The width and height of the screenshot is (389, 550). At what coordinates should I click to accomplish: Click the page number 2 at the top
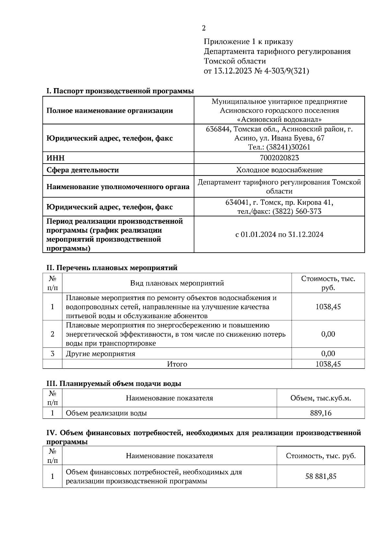(204, 28)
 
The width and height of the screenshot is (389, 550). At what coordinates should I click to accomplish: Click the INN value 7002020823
(279, 158)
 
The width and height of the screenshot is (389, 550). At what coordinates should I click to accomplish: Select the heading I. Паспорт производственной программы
(120, 91)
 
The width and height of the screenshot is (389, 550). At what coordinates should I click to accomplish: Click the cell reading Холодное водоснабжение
(279, 170)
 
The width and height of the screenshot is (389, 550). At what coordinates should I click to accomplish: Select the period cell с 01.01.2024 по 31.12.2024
(279, 235)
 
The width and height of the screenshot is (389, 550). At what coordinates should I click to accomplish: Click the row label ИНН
(55, 158)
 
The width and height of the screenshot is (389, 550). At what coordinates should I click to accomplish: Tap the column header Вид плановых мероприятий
(177, 283)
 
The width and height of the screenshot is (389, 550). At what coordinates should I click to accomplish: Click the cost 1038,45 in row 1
(328, 307)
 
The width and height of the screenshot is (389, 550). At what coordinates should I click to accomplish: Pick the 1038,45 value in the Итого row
(328, 364)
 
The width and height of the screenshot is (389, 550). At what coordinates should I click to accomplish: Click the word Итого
(177, 364)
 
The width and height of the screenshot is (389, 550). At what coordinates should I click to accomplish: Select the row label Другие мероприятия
(100, 354)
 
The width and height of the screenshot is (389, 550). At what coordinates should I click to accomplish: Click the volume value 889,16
(321, 413)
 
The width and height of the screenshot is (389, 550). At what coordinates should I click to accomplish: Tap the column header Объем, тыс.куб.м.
(321, 398)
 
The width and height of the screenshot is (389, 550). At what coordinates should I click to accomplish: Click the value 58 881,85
(321, 476)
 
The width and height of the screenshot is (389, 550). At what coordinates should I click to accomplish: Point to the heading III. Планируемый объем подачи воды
(114, 384)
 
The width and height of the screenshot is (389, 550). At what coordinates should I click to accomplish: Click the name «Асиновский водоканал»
(279, 120)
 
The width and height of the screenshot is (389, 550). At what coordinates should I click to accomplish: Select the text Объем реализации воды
(106, 413)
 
